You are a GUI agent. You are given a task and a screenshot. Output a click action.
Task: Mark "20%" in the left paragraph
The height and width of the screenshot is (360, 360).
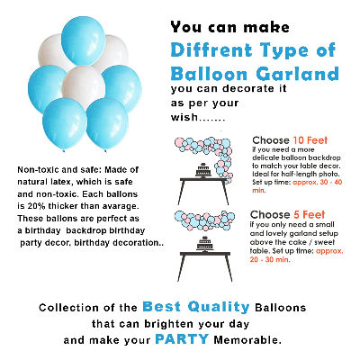pyautogui.click(x=26, y=207)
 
